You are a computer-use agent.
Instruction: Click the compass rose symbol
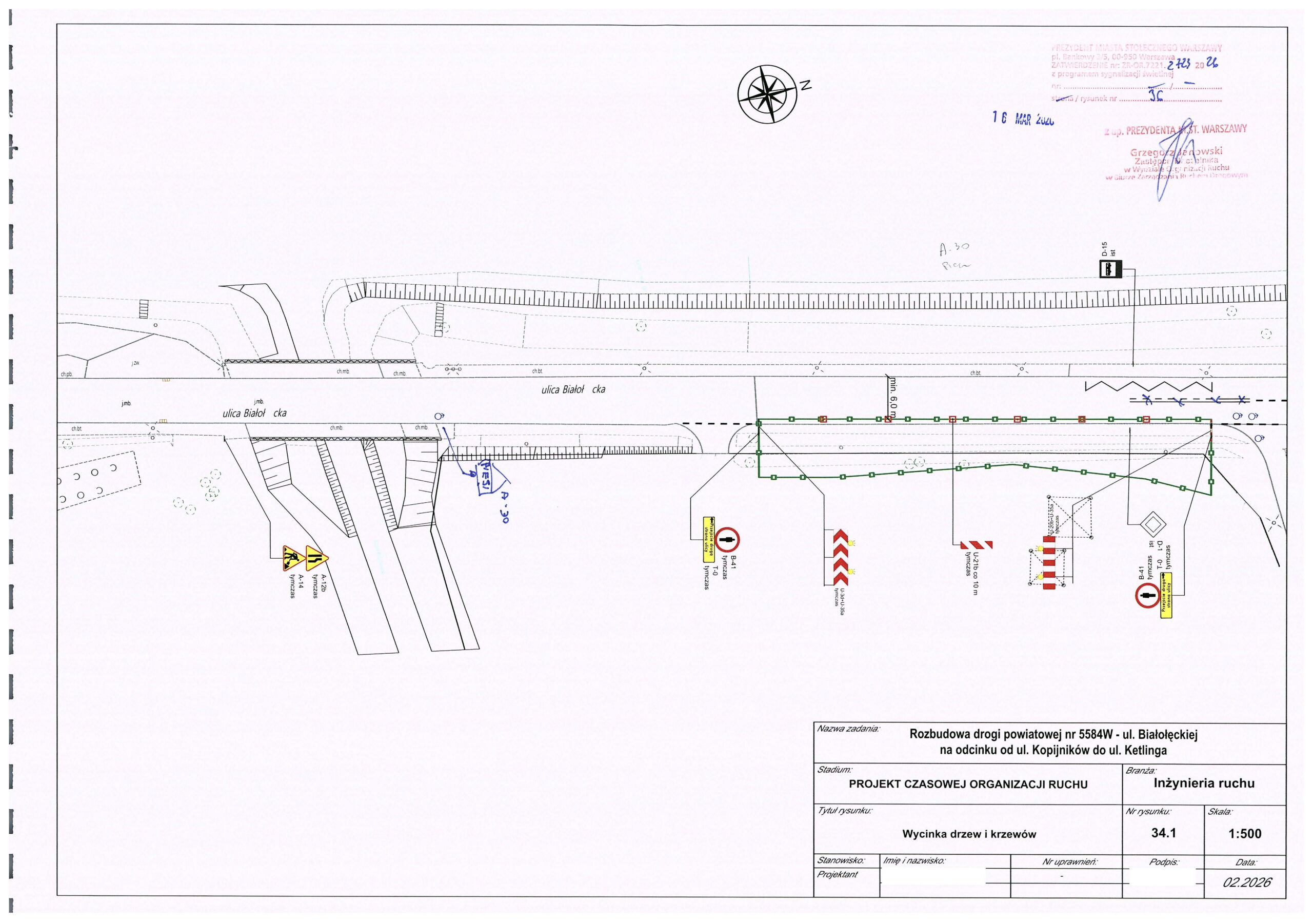click(767, 94)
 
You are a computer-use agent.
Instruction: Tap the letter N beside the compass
click(805, 86)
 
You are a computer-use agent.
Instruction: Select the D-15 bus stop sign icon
click(1110, 269)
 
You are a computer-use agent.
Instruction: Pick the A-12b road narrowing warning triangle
click(316, 556)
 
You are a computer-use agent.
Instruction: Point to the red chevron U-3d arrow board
click(840, 557)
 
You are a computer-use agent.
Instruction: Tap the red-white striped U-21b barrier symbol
click(976, 544)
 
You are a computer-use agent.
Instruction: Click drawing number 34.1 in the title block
click(1163, 833)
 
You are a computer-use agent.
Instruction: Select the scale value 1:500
click(1244, 833)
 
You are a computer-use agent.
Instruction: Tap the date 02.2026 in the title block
click(1247, 882)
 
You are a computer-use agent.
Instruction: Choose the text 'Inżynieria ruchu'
click(1204, 783)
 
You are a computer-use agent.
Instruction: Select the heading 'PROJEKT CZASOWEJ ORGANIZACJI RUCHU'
click(968, 784)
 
